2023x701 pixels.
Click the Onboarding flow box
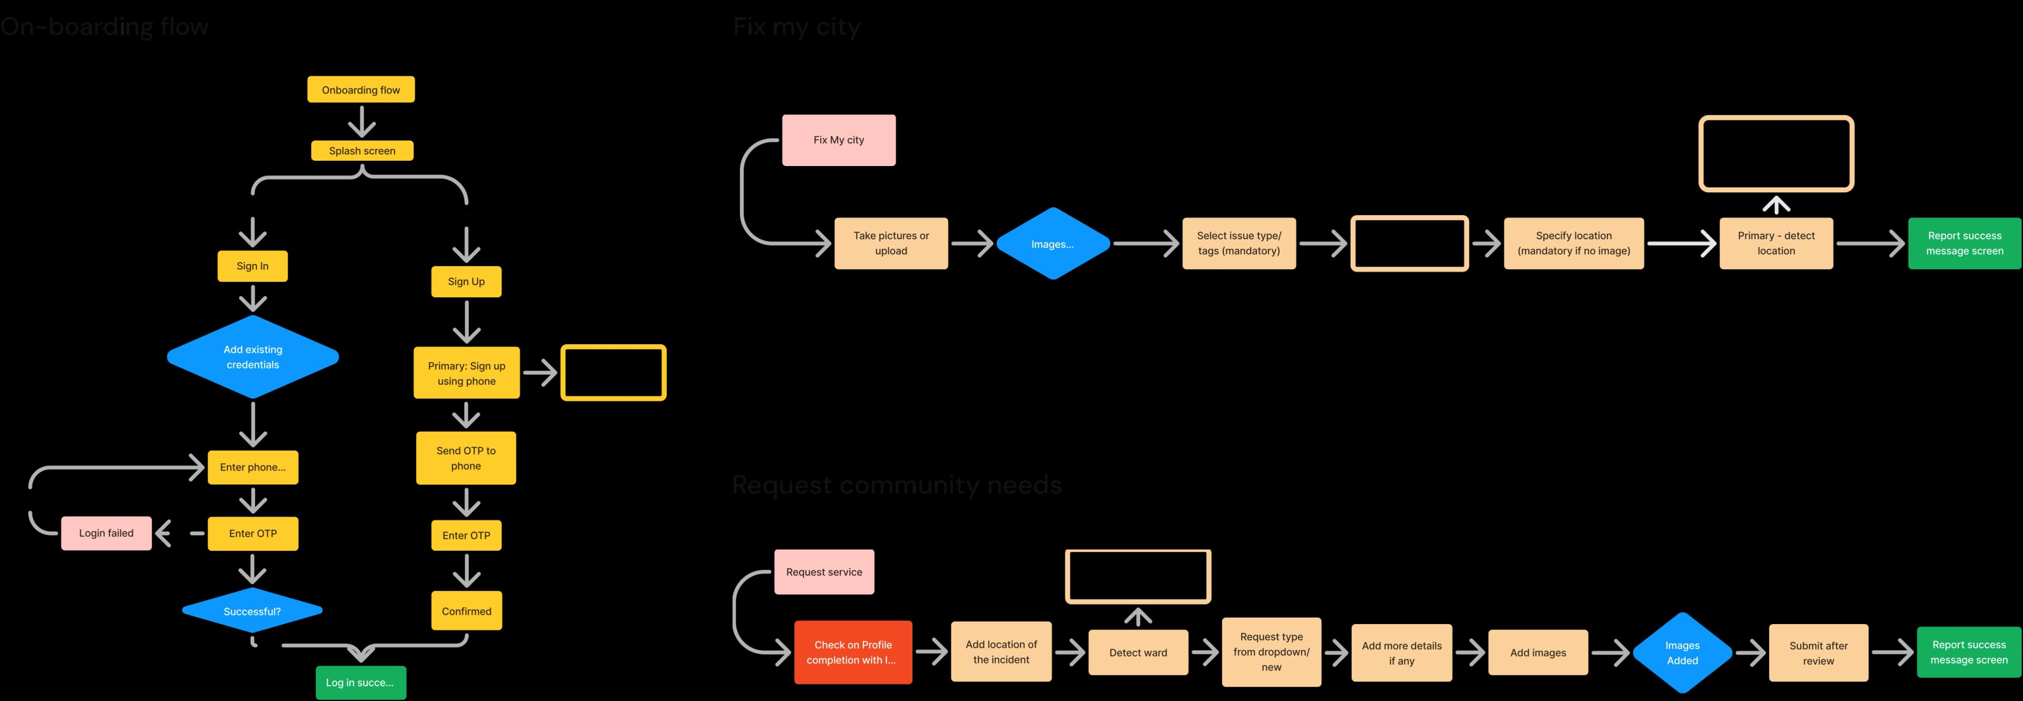(360, 90)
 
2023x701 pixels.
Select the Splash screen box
(362, 151)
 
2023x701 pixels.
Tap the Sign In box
(252, 266)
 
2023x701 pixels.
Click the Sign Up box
(466, 281)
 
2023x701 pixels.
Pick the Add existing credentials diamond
(252, 357)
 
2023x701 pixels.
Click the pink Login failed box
(106, 533)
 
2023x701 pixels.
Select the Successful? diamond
(252, 611)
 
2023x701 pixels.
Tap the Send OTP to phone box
(466, 457)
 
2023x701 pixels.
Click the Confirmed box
(466, 611)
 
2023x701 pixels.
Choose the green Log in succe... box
(360, 682)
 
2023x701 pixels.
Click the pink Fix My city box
(838, 140)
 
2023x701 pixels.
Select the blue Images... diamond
(1053, 244)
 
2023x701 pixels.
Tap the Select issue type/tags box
(1239, 244)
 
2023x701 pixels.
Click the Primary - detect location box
(1775, 244)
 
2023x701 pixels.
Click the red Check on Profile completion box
(853, 653)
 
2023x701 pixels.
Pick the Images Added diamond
(1682, 653)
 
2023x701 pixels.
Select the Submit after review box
(1818, 653)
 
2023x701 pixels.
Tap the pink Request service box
(824, 571)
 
